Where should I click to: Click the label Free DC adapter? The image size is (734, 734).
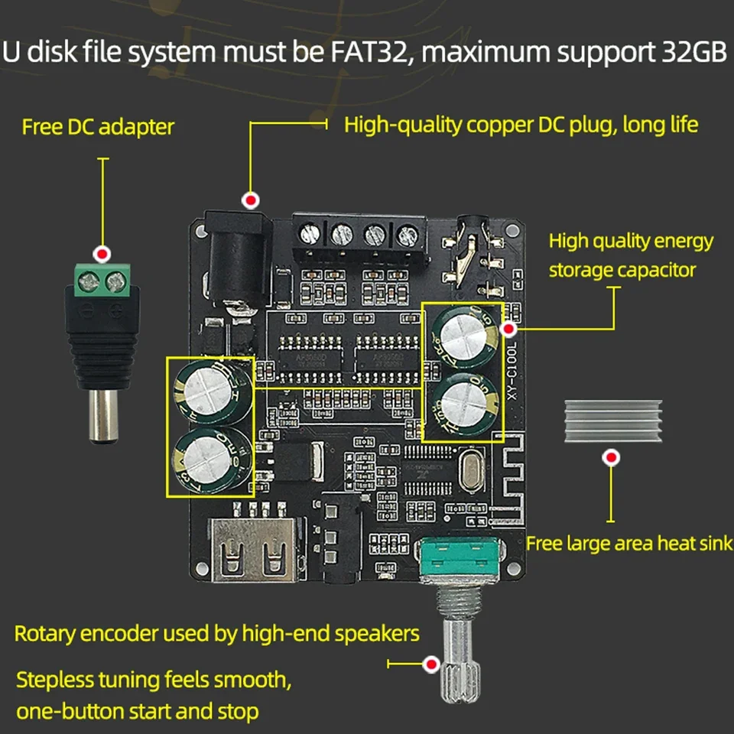98,126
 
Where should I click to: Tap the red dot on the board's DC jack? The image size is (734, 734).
248,200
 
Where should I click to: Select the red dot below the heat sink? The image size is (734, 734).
610,458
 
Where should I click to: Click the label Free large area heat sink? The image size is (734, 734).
628,544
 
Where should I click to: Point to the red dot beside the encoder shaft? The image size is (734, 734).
430,664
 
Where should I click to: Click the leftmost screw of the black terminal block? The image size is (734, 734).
309,231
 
